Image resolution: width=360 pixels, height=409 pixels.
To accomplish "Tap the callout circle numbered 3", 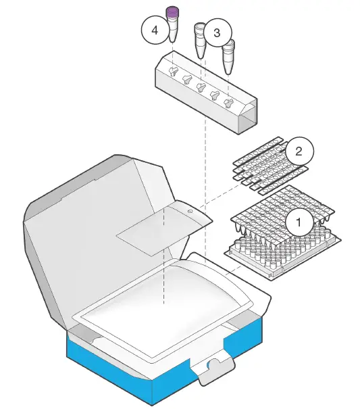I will coord(217,32).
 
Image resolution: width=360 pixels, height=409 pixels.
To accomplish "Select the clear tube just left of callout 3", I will coord(200,41).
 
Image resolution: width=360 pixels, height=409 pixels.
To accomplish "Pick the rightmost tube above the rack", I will coord(229,55).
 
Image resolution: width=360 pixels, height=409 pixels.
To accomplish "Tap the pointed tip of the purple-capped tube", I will coord(173,39).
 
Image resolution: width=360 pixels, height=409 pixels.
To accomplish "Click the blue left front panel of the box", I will coord(108,365).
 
